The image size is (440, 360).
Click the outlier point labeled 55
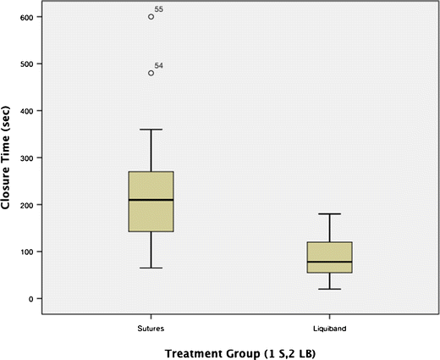pos(151,16)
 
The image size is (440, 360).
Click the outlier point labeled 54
pos(151,73)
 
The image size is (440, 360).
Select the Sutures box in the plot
pos(151,201)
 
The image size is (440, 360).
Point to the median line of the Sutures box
pos(151,200)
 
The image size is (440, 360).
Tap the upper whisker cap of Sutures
pos(151,130)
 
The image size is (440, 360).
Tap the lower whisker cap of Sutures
pos(151,268)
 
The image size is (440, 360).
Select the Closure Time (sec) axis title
pos(8,158)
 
